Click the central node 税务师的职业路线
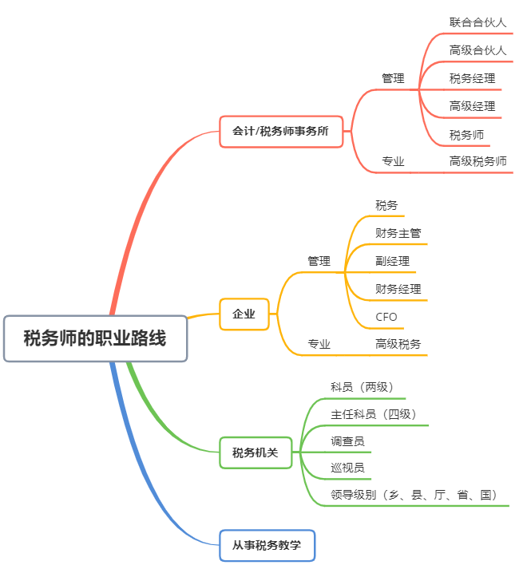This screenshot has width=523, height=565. pyautogui.click(x=95, y=338)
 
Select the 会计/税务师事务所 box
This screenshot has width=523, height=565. pyautogui.click(x=280, y=131)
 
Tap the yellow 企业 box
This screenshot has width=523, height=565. pyautogui.click(x=244, y=314)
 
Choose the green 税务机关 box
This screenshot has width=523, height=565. pyautogui.click(x=256, y=452)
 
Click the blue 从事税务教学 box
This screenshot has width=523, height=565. pyautogui.click(x=267, y=545)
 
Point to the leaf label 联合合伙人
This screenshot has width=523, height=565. pyautogui.click(x=477, y=22)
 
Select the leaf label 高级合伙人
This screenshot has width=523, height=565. pyautogui.click(x=477, y=50)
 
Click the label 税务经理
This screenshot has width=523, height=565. pyautogui.click(x=472, y=78)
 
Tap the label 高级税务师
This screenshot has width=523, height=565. pyautogui.click(x=477, y=161)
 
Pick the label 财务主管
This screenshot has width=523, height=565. pyautogui.click(x=398, y=233)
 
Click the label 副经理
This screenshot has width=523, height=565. pyautogui.click(x=392, y=261)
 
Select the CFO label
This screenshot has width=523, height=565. pyautogui.click(x=386, y=317)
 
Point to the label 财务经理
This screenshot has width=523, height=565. pyautogui.click(x=398, y=289)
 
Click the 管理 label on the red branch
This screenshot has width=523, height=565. pyautogui.click(x=393, y=78)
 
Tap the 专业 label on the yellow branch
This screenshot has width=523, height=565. pyautogui.click(x=319, y=344)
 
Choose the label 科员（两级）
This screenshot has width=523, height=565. pyautogui.click(x=362, y=386)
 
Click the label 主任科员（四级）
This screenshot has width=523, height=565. pyautogui.click(x=373, y=414)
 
